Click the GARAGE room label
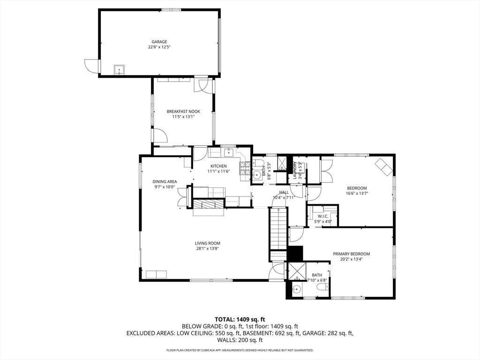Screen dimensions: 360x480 [x=159, y=42]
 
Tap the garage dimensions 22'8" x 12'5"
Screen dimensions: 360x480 [x=159, y=47]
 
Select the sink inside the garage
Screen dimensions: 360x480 [x=119, y=70]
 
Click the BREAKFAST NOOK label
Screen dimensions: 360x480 [x=183, y=111]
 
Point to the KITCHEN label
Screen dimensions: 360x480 [x=218, y=166]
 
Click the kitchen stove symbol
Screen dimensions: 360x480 [x=245, y=172]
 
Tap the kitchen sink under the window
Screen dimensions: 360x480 [x=229, y=151]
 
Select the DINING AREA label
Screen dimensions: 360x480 [x=164, y=181]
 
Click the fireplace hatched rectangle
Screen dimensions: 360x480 [x=209, y=204]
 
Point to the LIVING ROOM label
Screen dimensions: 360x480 [x=208, y=243]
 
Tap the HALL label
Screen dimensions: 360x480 [x=284, y=192]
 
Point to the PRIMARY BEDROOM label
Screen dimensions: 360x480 [x=351, y=254]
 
